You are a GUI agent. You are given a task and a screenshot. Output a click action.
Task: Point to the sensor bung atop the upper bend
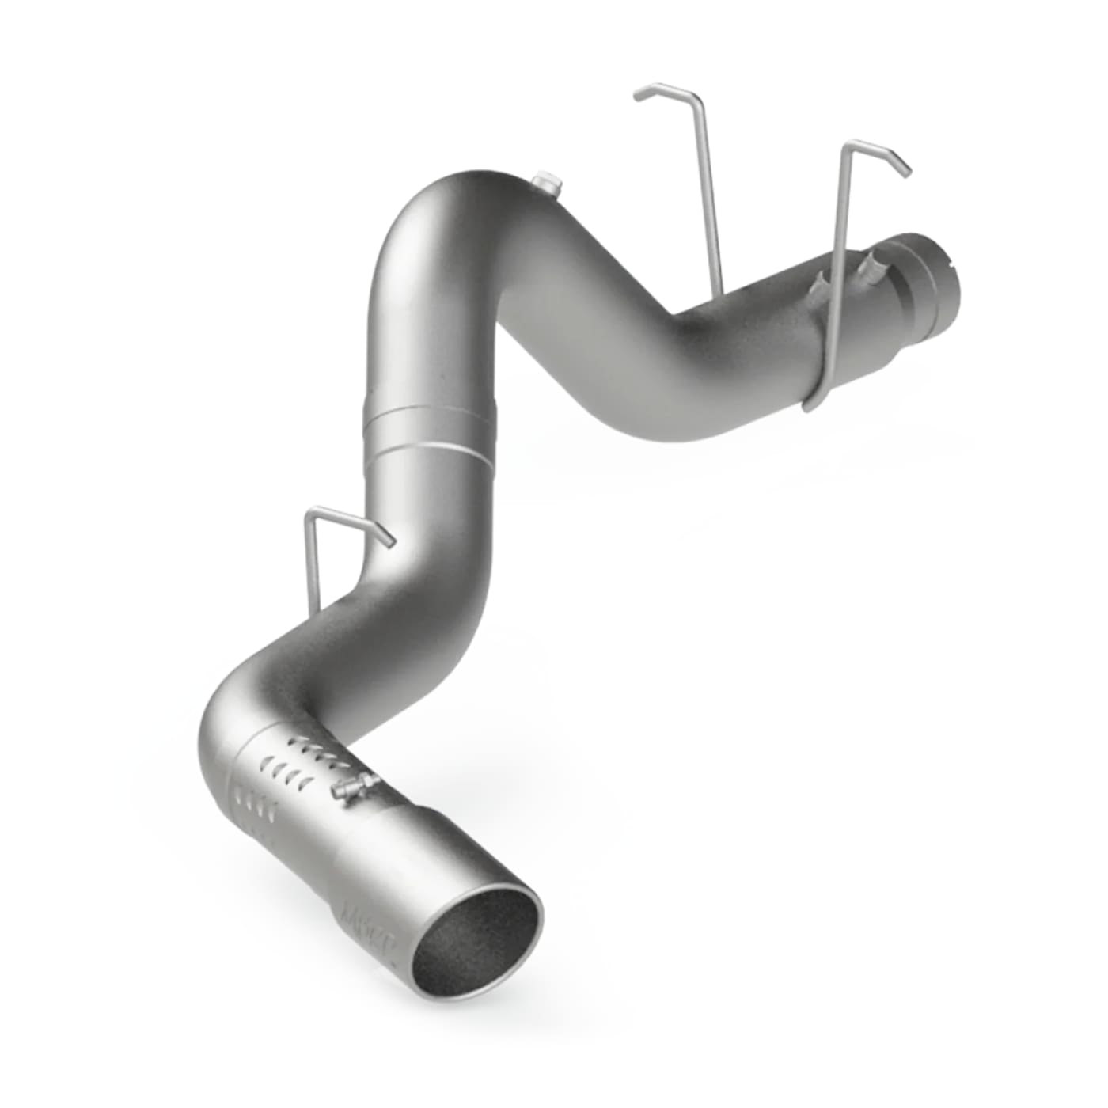click(x=545, y=183)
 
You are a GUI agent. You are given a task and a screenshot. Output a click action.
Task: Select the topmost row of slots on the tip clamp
click(x=317, y=746)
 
